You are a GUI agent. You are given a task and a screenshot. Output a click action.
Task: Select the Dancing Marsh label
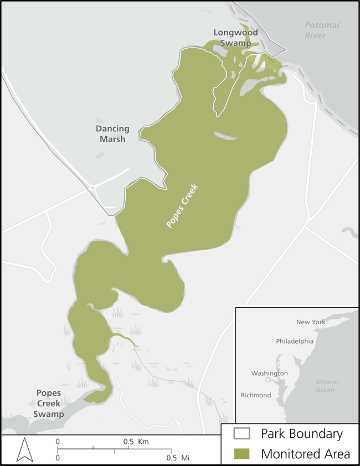(112, 134)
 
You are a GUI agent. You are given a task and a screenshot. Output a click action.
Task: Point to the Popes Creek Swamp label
(48, 403)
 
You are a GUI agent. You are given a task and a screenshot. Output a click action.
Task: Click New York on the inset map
(311, 322)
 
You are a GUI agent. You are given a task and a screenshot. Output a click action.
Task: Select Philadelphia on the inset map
(295, 341)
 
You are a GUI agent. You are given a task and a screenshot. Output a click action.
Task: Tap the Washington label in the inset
(269, 373)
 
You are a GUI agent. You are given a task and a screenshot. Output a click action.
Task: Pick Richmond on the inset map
(256, 395)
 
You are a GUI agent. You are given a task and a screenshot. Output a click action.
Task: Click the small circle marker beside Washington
(268, 380)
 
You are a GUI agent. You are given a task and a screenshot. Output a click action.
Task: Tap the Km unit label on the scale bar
(143, 442)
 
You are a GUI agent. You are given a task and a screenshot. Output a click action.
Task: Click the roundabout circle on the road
(92, 188)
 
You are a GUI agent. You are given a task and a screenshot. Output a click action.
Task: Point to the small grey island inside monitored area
(225, 136)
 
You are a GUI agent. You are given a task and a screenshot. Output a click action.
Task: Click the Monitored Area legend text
(305, 453)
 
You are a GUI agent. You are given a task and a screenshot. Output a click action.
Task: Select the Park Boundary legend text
(302, 433)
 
